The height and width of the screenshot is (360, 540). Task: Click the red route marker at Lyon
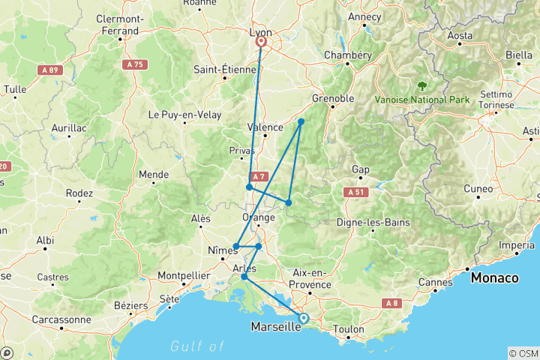(262, 42)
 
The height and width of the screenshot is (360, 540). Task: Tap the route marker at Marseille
(304, 318)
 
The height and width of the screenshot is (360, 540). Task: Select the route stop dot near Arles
(244, 277)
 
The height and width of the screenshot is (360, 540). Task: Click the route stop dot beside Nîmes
(235, 246)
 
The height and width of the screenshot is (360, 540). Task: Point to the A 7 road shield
(259, 177)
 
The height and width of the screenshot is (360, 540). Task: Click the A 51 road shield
(355, 193)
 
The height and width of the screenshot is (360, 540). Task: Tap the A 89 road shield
(49, 69)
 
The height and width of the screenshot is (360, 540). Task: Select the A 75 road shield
(135, 65)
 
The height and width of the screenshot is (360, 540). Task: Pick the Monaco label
(494, 277)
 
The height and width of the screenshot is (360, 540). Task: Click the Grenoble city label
(333, 98)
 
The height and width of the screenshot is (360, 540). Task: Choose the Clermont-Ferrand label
(120, 25)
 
